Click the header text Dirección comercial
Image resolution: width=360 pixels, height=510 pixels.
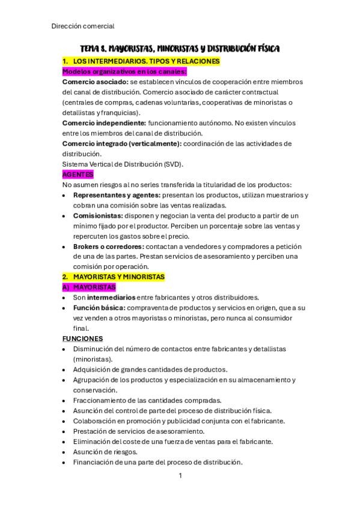click(x=83, y=26)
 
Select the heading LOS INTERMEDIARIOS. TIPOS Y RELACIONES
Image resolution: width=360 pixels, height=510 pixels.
click(x=146, y=61)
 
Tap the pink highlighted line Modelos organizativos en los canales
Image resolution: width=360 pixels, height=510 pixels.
click(x=124, y=71)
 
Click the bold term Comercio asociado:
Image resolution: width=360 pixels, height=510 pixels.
click(x=95, y=82)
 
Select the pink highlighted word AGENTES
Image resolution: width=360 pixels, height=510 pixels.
click(x=78, y=174)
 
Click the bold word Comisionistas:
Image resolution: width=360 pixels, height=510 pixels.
click(x=97, y=215)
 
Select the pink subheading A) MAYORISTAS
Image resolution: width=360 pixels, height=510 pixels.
click(x=90, y=287)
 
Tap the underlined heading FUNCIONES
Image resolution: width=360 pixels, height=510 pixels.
click(x=82, y=339)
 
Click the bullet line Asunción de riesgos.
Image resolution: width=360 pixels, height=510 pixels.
click(x=105, y=452)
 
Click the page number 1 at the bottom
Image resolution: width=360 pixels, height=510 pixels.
click(x=180, y=476)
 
